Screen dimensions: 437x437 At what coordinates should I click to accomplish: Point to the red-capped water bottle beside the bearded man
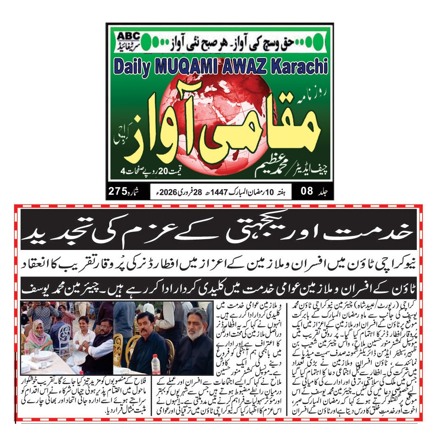[156, 364]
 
